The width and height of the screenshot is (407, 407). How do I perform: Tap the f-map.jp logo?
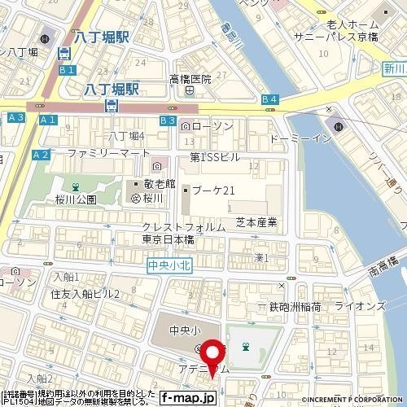pyautogui.click(x=187, y=398)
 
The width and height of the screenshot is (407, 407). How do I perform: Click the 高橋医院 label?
pyautogui.click(x=190, y=79)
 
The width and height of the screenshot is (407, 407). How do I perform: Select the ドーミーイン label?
pyautogui.click(x=300, y=138)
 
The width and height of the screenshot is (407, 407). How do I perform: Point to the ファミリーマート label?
pyautogui.click(x=108, y=153)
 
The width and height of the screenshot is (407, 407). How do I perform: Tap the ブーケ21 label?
pyautogui.click(x=213, y=190)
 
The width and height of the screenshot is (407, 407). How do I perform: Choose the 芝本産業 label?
pyautogui.click(x=256, y=221)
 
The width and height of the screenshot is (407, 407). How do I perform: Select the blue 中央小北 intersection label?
pyautogui.click(x=168, y=265)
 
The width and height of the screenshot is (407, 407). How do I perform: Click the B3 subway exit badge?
pyautogui.click(x=168, y=120)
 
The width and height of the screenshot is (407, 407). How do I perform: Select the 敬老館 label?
pyautogui.click(x=159, y=183)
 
